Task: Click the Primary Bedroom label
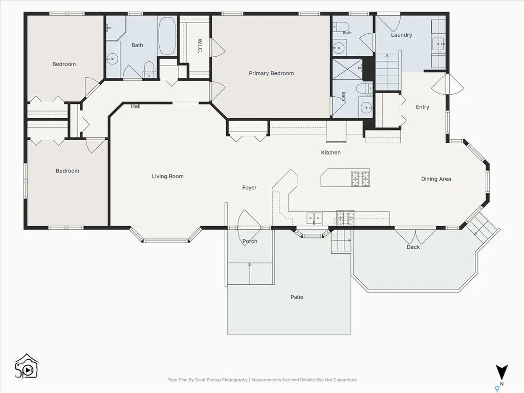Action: pyautogui.click(x=271, y=73)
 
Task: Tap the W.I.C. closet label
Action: pyautogui.click(x=200, y=46)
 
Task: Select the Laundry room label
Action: pyautogui.click(x=401, y=35)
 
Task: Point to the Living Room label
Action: pyautogui.click(x=167, y=176)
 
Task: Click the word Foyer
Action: pyautogui.click(x=249, y=188)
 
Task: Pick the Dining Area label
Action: pyautogui.click(x=436, y=179)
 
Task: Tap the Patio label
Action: pyautogui.click(x=297, y=297)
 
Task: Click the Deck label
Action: pyautogui.click(x=413, y=247)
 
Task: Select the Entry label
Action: pyautogui.click(x=422, y=107)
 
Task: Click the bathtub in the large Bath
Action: pyautogui.click(x=167, y=36)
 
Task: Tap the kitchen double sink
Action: pyautogui.click(x=314, y=218)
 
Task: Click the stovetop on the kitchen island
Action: pyautogui.click(x=360, y=178)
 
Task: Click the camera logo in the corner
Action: pyautogui.click(x=27, y=366)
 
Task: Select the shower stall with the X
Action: pyautogui.click(x=347, y=69)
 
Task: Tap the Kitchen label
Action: pyautogui.click(x=331, y=152)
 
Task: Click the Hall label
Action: pyautogui.click(x=135, y=106)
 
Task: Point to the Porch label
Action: pyautogui.click(x=250, y=242)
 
